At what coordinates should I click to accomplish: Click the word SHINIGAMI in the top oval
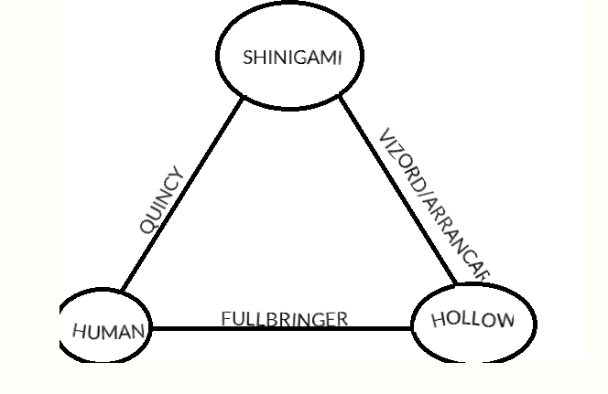292,57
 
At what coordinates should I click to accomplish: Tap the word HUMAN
109,330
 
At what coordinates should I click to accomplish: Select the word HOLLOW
472,319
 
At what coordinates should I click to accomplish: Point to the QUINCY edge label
162,201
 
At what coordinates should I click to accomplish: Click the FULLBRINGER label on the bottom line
284,319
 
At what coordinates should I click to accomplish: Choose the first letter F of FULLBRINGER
225,319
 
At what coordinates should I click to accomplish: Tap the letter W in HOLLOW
501,320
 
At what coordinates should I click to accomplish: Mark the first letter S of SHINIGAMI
248,57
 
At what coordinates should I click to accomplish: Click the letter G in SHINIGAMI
298,57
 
